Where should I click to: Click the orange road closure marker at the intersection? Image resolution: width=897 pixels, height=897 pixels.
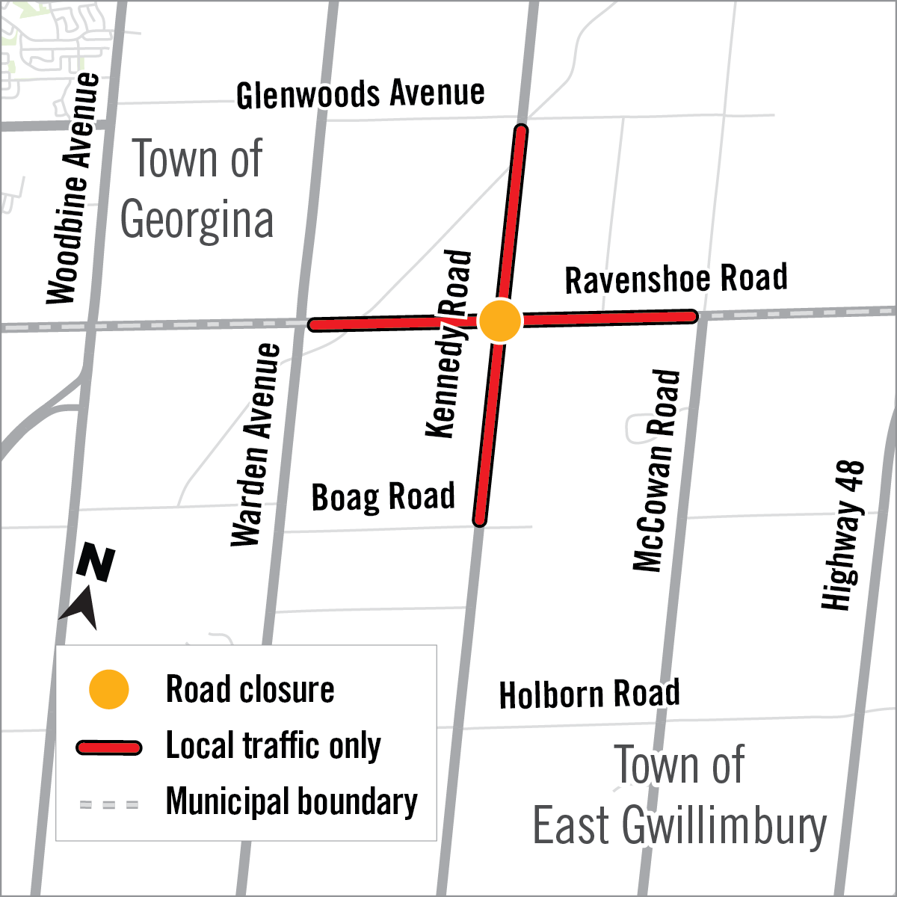tap(499, 321)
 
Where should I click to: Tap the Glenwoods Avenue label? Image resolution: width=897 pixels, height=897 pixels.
tap(360, 94)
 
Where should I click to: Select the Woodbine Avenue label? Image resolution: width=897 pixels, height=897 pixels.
tap(73, 188)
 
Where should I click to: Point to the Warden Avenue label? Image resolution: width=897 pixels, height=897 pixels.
tap(256, 445)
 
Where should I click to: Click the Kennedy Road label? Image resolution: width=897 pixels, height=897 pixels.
tap(449, 344)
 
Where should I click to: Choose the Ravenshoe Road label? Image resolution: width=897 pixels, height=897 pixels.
tap(676, 279)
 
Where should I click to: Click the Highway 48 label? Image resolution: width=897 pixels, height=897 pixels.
tap(843, 535)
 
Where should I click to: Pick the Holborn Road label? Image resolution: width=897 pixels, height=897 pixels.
tap(589, 694)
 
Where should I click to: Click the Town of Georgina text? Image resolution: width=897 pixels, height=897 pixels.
tap(197, 189)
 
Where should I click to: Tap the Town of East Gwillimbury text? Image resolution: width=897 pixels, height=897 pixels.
tap(679, 795)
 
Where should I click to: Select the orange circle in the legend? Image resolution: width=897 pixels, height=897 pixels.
tap(109, 689)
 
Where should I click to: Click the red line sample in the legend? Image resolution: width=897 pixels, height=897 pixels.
tap(109, 747)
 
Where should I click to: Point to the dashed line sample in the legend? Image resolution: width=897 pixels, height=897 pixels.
tap(109, 805)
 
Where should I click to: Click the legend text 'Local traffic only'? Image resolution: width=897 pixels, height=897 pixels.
tap(273, 746)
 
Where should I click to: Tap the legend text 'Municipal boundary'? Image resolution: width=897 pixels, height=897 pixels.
tap(292, 802)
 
